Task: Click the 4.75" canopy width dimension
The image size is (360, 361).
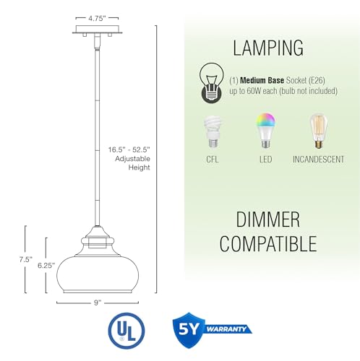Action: (x=97, y=18)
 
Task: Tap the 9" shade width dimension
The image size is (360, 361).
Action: (x=98, y=303)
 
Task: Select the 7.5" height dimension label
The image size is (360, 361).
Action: (x=26, y=259)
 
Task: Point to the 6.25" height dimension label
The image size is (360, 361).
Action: (x=46, y=266)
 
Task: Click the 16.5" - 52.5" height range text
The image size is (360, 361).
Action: (x=129, y=149)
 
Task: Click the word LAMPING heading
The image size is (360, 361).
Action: (x=268, y=48)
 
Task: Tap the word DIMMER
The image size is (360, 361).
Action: (x=268, y=219)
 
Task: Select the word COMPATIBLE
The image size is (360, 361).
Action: (x=268, y=243)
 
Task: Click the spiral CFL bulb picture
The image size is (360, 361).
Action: (x=213, y=131)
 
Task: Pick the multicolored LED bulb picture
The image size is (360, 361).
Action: (x=266, y=131)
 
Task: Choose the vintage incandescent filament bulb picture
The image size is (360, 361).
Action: (x=318, y=131)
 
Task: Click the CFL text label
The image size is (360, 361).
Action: (x=213, y=160)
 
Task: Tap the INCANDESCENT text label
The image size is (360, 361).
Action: (x=318, y=160)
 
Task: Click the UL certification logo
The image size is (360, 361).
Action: (x=127, y=331)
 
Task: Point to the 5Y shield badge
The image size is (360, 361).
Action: (x=189, y=330)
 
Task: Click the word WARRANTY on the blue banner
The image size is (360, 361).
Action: (x=226, y=329)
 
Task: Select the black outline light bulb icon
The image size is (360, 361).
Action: (x=212, y=83)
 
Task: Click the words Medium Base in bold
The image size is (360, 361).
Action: (x=262, y=80)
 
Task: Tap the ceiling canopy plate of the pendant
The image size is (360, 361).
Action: (x=97, y=30)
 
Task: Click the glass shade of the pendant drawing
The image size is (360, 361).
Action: (x=98, y=274)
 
